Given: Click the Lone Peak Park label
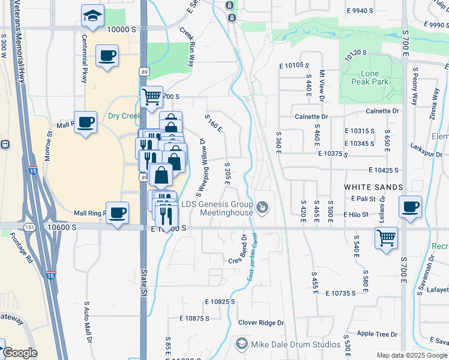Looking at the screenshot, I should pos(366,77).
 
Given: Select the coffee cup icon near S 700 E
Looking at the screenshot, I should pos(411,208).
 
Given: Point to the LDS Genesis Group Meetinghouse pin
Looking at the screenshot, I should pos(262,208).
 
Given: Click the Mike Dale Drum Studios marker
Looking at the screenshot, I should pos(242,344).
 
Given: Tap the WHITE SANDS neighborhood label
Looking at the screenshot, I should pos(373,187).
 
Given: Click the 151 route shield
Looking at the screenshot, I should pos(29,227).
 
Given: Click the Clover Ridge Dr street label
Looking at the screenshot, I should pos(261,323).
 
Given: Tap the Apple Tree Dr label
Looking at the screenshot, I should pos(377,334).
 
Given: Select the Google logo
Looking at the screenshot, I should pos(20,353).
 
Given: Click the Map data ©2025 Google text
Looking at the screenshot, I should pos(411,355).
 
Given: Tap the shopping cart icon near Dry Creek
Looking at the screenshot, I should pos(151,95).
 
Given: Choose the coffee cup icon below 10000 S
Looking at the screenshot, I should pos(108,56).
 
